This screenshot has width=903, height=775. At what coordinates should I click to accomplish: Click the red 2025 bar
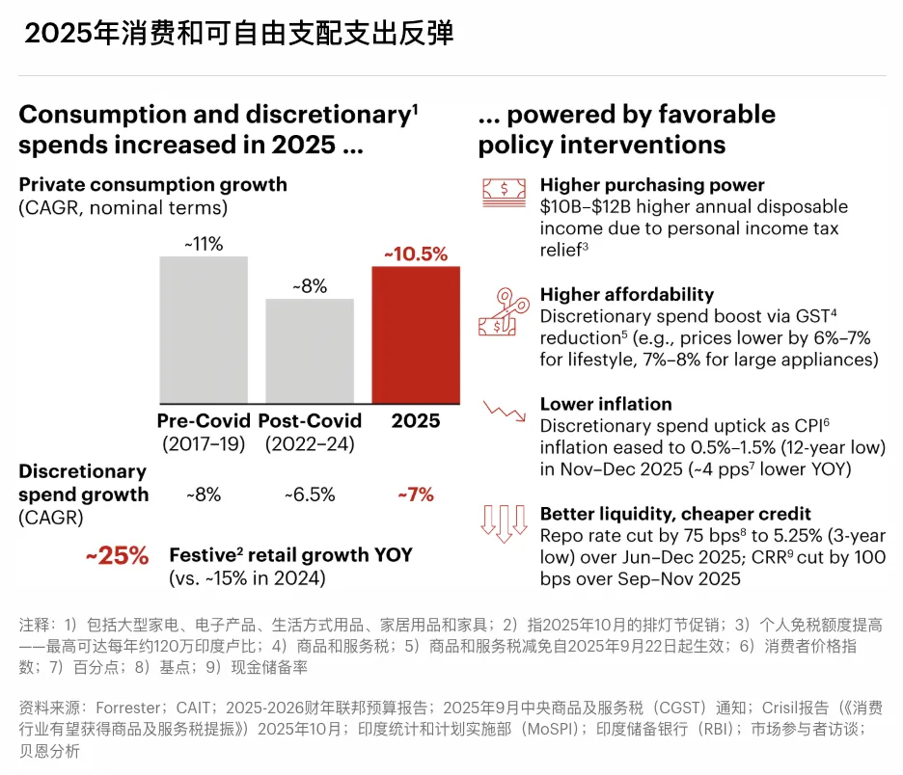point(416,334)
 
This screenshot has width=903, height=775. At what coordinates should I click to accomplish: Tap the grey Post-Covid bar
point(310,351)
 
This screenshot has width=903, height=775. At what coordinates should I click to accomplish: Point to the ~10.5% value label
point(416,254)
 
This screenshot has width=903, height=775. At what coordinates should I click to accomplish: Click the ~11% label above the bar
point(204,244)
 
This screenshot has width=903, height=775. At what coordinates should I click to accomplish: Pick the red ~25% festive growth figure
point(118,556)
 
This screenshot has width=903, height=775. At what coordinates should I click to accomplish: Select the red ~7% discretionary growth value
point(416,495)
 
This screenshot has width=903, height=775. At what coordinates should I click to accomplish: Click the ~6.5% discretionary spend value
point(310,495)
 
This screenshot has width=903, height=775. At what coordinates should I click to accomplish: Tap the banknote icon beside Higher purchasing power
point(505,192)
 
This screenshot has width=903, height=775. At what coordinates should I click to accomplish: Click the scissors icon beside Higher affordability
point(504,310)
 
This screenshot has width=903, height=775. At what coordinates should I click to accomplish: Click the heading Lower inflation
point(606,404)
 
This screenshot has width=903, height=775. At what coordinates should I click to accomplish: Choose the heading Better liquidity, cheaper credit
point(675,514)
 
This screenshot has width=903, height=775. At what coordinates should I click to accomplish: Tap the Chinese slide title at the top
point(238,34)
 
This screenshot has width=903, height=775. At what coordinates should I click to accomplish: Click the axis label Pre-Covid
point(204,421)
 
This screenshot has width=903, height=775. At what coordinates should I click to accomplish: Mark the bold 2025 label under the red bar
point(416,421)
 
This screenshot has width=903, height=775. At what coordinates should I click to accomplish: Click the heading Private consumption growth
point(153,184)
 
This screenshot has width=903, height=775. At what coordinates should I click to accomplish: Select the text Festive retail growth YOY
point(290,555)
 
